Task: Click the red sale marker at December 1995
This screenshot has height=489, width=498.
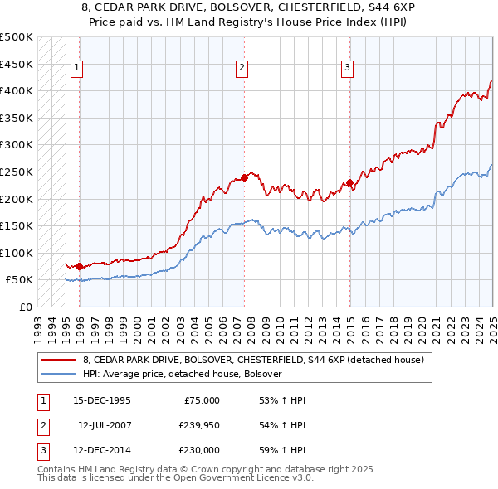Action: point(79,266)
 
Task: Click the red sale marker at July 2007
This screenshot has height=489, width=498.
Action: point(245,177)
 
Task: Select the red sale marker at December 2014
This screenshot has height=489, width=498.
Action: point(349,182)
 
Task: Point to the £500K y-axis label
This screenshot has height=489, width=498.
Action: point(17,37)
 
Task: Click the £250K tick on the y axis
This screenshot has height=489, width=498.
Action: point(17,172)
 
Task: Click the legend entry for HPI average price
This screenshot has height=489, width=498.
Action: point(183,374)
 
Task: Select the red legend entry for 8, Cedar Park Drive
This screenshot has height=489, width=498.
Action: point(254,360)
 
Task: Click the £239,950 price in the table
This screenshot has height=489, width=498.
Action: point(199,425)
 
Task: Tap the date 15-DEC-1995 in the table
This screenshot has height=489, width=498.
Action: point(102,400)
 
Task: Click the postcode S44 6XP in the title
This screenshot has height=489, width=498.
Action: point(369,7)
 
